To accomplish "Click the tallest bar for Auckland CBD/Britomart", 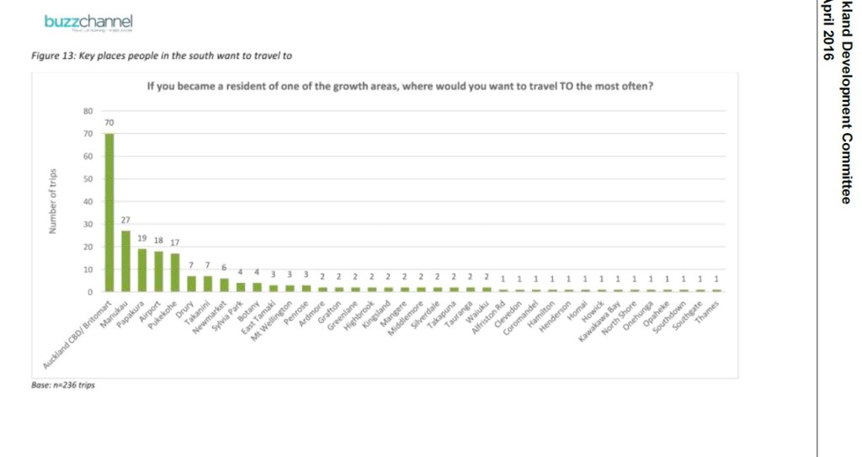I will click(109, 212).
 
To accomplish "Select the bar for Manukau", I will click(125, 261).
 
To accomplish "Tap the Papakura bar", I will click(142, 270).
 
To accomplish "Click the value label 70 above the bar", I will click(109, 123).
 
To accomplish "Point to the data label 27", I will click(125, 220).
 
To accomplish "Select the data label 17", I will click(175, 242).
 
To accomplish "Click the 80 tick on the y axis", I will click(86, 111).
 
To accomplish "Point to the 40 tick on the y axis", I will click(86, 202).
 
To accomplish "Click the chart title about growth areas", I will click(401, 86).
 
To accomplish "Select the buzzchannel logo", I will click(100, 22).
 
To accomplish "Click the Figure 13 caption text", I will click(160, 56).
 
